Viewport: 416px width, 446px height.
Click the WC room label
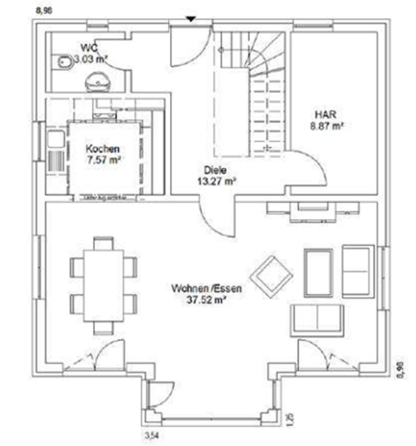pyautogui.click(x=90, y=47)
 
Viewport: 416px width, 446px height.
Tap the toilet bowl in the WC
pyautogui.click(x=62, y=62)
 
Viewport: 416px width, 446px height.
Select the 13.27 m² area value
pyautogui.click(x=218, y=181)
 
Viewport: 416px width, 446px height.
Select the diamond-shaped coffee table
pyautogui.click(x=270, y=273)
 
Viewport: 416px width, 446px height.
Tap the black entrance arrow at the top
pyautogui.click(x=190, y=17)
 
